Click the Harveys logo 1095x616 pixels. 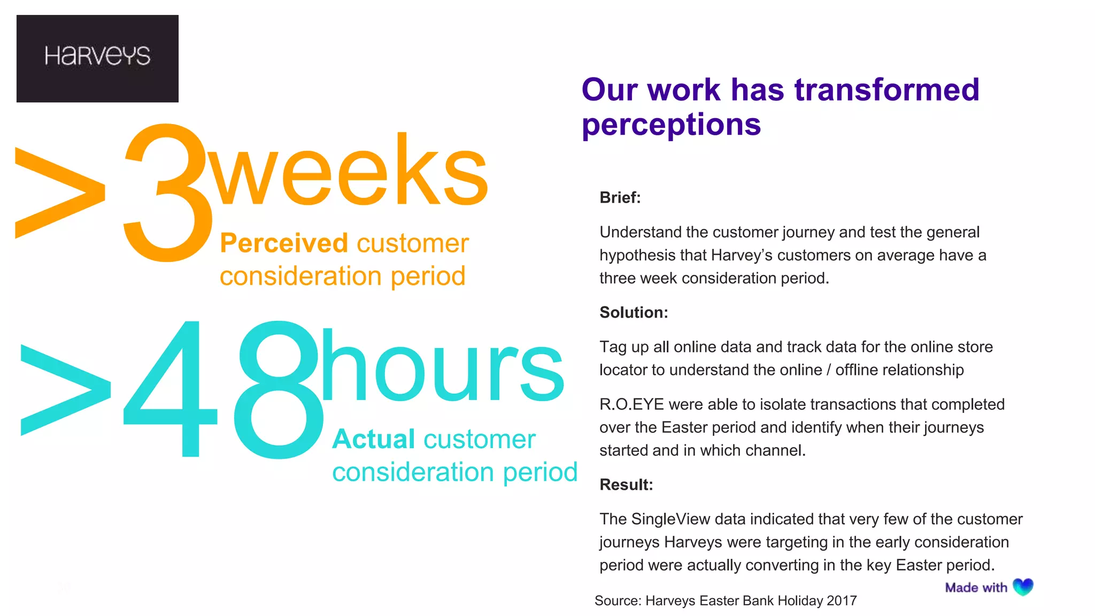[x=97, y=58]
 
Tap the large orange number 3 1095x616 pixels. [x=167, y=192]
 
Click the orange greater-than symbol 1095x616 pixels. [x=60, y=192]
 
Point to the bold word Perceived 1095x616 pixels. [x=284, y=243]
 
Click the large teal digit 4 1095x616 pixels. [x=170, y=389]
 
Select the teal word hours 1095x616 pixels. [x=442, y=366]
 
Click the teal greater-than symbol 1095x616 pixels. [x=65, y=390]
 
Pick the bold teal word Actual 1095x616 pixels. [x=373, y=440]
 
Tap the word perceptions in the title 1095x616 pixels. [x=671, y=125]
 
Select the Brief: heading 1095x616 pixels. [x=620, y=198]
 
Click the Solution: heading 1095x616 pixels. [x=634, y=313]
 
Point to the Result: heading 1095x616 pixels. [x=626, y=485]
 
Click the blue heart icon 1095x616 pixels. [x=1023, y=587]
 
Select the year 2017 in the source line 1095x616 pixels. [x=842, y=601]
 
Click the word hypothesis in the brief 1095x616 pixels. [x=637, y=256]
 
